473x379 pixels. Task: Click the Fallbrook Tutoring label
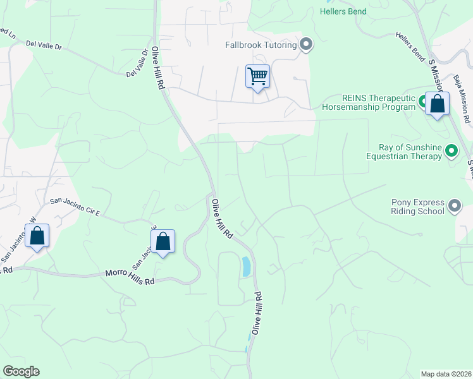tap(261, 45)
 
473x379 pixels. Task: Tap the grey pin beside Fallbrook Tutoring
tap(307, 44)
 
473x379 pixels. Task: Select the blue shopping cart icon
tap(257, 77)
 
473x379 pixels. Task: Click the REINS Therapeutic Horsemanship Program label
tap(369, 102)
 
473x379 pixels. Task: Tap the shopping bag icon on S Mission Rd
tap(437, 104)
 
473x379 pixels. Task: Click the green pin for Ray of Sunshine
tap(451, 151)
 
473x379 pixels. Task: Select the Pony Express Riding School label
tap(417, 207)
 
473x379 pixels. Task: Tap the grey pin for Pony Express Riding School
tap(455, 206)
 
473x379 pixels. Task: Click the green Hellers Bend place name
tap(343, 11)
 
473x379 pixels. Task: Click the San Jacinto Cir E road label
tap(75, 207)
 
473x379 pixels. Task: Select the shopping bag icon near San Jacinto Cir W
tap(37, 237)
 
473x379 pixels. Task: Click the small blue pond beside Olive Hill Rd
tap(245, 266)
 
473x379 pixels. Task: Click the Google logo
tap(21, 371)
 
